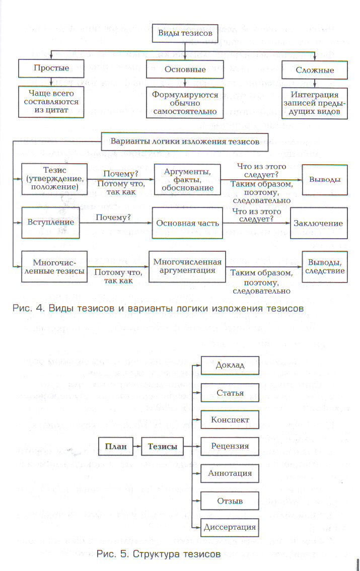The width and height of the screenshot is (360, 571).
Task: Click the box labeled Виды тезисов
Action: click(185, 33)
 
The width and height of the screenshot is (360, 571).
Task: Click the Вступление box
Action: click(51, 222)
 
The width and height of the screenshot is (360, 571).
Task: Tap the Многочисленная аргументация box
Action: click(187, 266)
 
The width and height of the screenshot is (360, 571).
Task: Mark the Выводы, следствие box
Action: click(324, 266)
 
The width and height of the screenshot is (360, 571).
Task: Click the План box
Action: click(115, 446)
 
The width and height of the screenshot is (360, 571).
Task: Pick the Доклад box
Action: click(230, 365)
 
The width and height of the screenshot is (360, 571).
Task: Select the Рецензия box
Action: click(230, 447)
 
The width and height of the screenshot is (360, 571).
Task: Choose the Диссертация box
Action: click(230, 528)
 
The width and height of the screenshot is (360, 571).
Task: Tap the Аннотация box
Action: click(230, 474)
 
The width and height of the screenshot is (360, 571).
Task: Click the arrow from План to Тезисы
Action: click(137, 446)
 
